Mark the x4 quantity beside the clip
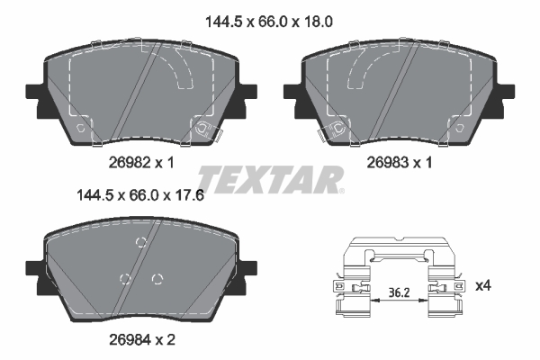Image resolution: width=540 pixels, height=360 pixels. (x=483, y=285)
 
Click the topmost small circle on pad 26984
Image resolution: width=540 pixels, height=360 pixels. (x=140, y=241)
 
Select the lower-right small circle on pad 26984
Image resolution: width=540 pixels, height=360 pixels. (x=157, y=277)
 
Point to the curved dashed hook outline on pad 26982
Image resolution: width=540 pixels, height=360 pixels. (x=187, y=70)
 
